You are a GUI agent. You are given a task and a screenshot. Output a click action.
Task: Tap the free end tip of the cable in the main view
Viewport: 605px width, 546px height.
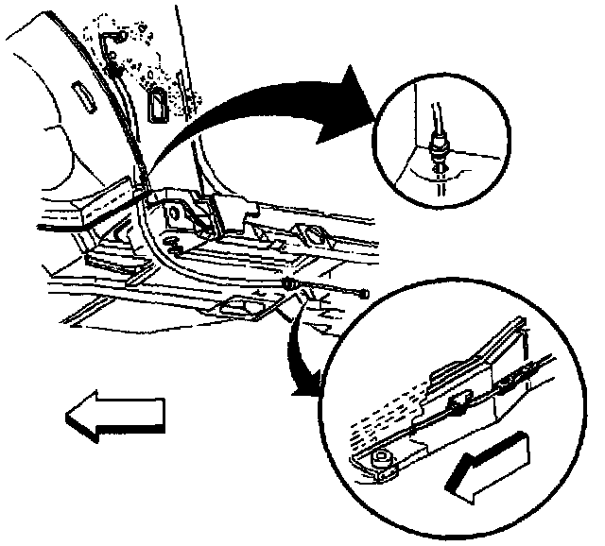point(363,297)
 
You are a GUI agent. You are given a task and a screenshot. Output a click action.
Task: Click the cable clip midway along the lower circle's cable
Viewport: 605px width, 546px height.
point(458,408)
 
